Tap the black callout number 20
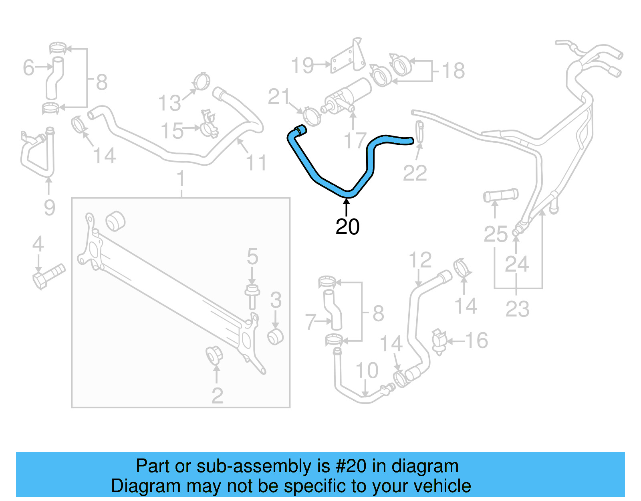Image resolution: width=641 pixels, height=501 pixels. pos(347,227)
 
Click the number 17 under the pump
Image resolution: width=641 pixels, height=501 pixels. pos(355,140)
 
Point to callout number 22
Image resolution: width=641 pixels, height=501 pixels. pos(415,173)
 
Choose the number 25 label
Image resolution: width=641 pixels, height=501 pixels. pos(495,234)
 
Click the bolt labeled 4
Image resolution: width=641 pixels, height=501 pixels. pos(48,276)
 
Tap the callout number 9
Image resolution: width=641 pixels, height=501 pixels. pos(49,207)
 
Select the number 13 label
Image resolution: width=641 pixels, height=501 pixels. pos(169,103)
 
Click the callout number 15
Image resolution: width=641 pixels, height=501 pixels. pos(172,131)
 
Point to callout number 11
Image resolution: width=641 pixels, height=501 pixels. pos(256,163)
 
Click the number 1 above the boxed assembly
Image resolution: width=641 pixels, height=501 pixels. pos(181,179)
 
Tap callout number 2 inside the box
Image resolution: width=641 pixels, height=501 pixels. pos(217,396)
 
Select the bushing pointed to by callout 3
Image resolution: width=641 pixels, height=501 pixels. pos(276,337)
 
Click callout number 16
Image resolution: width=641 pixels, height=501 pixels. pos(476,341)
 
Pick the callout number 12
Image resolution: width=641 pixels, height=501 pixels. pos(420,260)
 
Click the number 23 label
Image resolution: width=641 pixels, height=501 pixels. pos(517,309)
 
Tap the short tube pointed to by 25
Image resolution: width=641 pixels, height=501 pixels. pos(500,195)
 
